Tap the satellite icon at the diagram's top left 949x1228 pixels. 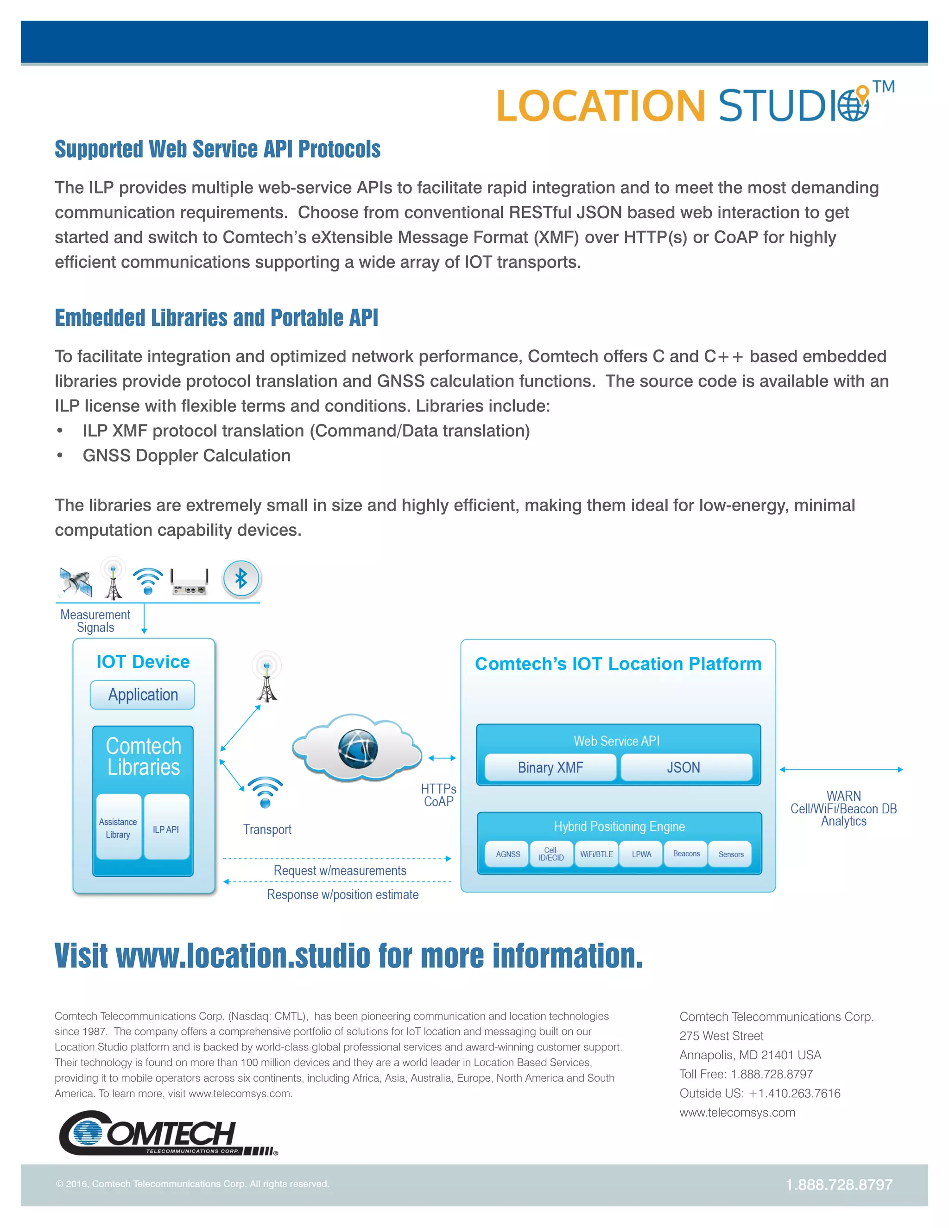pos(76,582)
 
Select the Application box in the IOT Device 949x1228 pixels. pos(142,695)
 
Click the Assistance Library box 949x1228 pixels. pos(118,828)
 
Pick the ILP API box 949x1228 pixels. pos(166,828)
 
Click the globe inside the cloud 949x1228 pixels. pos(358,748)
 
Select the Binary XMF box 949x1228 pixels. pos(550,767)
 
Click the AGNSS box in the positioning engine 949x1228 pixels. pos(508,854)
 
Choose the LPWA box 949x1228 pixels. pos(641,854)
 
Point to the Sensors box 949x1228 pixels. pos(730,854)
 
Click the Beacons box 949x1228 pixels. pos(686,854)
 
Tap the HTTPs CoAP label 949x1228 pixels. pos(438,795)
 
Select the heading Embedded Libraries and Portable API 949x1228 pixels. pos(216,318)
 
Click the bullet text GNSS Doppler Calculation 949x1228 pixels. pos(186,456)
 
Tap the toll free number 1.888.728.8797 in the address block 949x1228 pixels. pos(772,1075)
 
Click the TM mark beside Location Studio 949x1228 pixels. pos(883,87)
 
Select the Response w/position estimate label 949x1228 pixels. pos(342,894)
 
